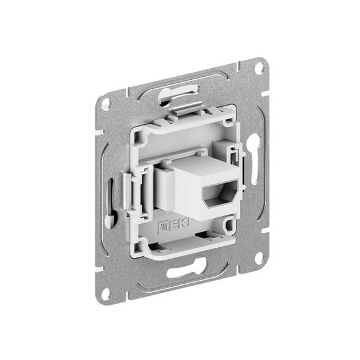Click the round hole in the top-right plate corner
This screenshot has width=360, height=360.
259,68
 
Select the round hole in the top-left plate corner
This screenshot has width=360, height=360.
106,104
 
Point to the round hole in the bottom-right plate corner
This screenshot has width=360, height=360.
259,258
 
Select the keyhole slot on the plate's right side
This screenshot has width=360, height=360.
254,159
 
